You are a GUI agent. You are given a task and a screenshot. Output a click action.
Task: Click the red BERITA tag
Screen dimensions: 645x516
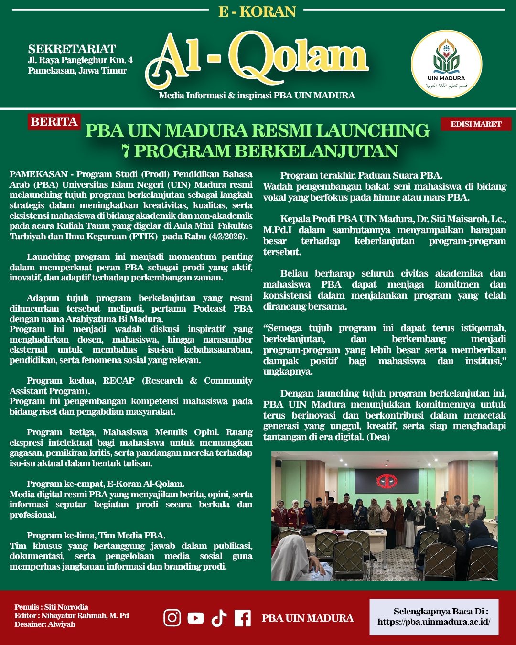[x=54, y=122]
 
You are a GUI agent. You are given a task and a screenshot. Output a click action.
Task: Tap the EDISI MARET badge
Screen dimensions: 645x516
[x=476, y=124]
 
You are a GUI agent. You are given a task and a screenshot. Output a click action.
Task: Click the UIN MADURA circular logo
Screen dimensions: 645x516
[x=446, y=64]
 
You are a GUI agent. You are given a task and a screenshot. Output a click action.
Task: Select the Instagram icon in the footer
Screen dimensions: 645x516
[x=172, y=618]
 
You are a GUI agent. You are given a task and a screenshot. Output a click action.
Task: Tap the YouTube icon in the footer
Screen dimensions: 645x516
[x=195, y=618]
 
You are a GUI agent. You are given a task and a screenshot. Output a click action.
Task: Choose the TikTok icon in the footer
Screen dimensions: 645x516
[x=219, y=618]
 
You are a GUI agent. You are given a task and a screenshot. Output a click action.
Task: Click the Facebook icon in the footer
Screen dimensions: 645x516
[x=243, y=618]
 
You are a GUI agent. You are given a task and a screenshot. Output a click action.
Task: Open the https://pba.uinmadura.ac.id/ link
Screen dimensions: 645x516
[x=434, y=622]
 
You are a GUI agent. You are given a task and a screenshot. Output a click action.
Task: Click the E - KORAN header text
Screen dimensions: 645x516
[x=257, y=11]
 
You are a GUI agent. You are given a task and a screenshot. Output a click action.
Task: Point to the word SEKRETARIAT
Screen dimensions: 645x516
[x=72, y=49]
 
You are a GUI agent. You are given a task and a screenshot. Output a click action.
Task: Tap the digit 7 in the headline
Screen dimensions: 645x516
[x=126, y=151]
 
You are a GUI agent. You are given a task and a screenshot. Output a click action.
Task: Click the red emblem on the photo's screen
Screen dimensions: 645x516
[x=387, y=481]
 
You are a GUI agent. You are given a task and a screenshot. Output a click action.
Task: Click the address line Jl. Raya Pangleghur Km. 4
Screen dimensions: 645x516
[x=80, y=60]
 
